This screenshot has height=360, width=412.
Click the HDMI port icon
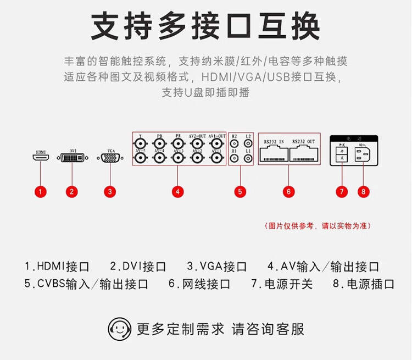40,158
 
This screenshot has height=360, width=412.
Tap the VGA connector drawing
110,158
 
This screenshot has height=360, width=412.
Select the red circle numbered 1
40,192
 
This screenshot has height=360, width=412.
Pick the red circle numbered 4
177,192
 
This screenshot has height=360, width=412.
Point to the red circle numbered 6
289,192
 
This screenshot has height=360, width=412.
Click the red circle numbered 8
363,192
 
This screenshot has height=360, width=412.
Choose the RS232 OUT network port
304,154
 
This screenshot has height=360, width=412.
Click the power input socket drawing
363,154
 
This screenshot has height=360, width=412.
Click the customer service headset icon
120,329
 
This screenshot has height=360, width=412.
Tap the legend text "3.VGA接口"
217,267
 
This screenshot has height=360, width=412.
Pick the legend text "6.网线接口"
199,284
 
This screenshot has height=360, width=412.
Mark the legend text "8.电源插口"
364,284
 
